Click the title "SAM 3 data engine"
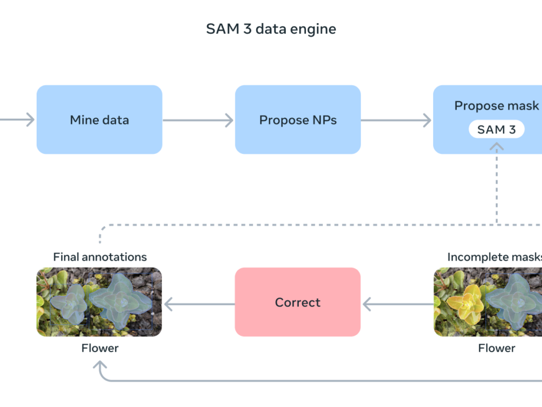(271, 29)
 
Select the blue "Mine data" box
(99, 120)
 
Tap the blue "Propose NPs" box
(298, 120)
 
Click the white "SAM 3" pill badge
(496, 129)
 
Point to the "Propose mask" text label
(497, 106)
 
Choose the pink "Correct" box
(298, 302)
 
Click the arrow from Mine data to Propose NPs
(198, 120)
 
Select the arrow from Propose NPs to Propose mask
(396, 120)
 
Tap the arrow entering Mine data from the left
(17, 120)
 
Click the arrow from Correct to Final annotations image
(198, 305)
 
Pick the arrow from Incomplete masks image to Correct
(397, 305)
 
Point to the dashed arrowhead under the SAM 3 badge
(497, 146)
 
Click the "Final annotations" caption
(100, 257)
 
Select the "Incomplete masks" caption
(495, 257)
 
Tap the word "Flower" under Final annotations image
(100, 348)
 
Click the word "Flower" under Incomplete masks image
(497, 348)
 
